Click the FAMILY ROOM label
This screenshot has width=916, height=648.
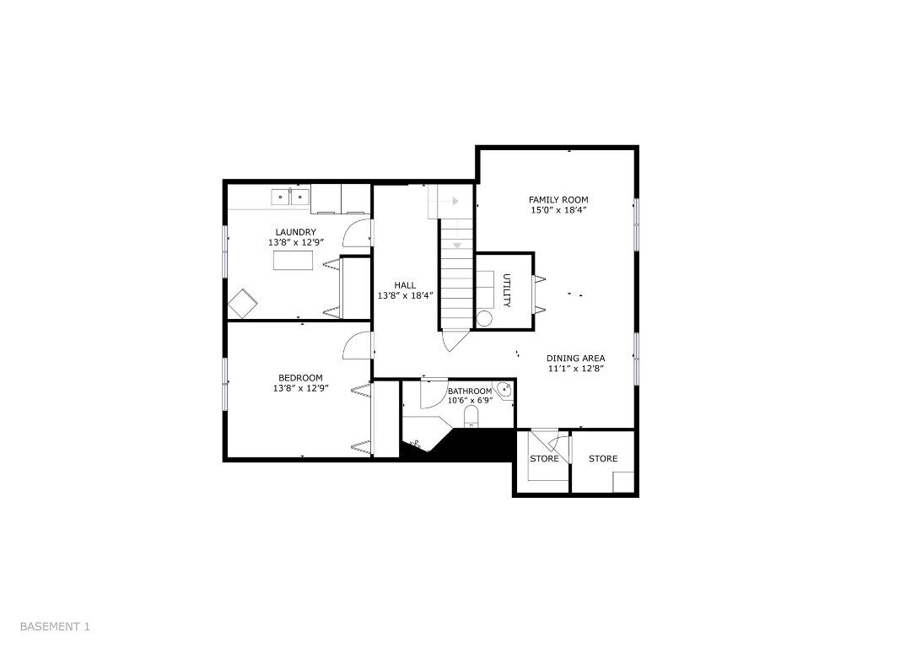[558, 200]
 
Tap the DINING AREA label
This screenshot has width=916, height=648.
[576, 358]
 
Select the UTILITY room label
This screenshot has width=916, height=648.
[507, 290]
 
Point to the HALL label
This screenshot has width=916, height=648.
[405, 285]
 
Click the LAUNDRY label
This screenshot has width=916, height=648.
[295, 232]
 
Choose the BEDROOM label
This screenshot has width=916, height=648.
[300, 378]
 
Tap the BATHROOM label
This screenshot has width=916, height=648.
[470, 391]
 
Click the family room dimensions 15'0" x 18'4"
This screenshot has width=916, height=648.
[558, 210]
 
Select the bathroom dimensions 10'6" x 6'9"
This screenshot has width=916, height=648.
[470, 401]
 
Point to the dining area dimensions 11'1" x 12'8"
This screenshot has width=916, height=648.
[576, 368]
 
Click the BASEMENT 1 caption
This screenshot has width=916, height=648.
[55, 627]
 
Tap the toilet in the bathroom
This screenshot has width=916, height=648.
[470, 418]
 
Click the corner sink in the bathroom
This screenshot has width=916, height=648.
[504, 390]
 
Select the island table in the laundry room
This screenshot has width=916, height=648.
[294, 261]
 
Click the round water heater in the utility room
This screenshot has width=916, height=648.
[484, 318]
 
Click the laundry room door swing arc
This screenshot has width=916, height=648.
[356, 232]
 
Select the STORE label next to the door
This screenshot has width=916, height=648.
[544, 459]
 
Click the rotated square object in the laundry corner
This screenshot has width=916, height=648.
[243, 303]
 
